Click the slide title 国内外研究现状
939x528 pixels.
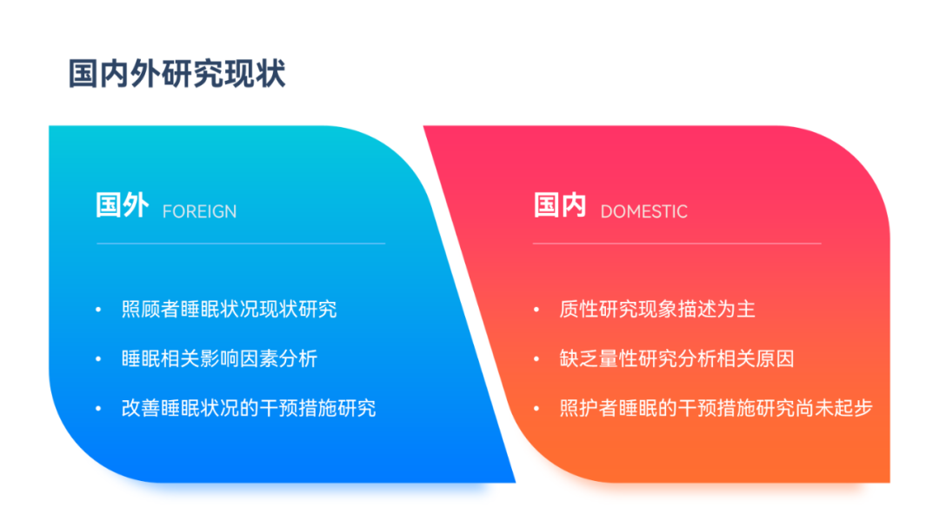(176, 74)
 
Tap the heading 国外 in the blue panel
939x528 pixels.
(123, 205)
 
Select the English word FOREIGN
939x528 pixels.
(199, 211)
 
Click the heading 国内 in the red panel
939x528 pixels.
(560, 205)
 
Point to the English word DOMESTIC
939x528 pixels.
(643, 211)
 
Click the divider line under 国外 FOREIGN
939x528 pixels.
(241, 244)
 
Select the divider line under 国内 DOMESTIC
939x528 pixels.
(676, 244)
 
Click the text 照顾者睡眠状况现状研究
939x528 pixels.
(229, 310)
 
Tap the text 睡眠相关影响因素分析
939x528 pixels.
(219, 358)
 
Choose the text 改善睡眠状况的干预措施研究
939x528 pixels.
(249, 408)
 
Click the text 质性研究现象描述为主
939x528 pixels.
(657, 310)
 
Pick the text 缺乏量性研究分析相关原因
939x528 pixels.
(676, 358)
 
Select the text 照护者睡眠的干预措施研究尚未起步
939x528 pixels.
(716, 408)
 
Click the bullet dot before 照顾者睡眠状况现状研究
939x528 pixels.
(98, 310)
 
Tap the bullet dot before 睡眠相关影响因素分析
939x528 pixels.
(98, 359)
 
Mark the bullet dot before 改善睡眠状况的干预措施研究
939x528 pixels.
(98, 409)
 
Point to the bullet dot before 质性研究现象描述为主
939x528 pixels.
(536, 310)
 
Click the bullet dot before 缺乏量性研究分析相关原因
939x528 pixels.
(536, 359)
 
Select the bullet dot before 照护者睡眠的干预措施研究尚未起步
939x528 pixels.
(536, 409)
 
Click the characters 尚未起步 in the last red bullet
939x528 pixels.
(834, 408)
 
